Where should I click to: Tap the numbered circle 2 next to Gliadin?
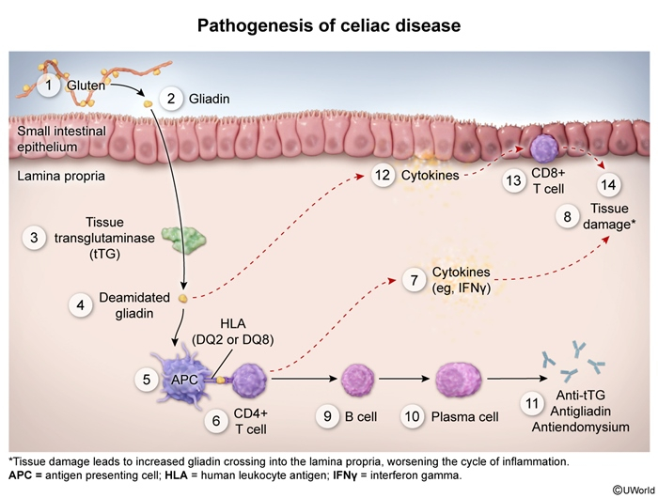pyautogui.click(x=171, y=98)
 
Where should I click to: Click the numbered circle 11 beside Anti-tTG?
pyautogui.click(x=533, y=406)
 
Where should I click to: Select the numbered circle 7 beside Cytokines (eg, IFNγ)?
pyautogui.click(x=413, y=279)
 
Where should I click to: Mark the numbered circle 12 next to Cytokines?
pyautogui.click(x=381, y=175)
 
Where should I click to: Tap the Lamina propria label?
pyautogui.click(x=53, y=176)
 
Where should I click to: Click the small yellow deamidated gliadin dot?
pyautogui.click(x=183, y=299)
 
